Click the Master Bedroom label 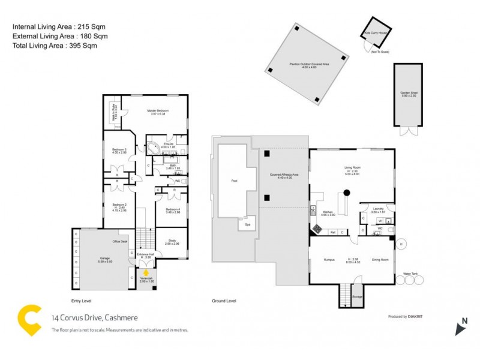point(158,111)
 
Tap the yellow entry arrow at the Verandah point(146,273)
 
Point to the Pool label point(234,181)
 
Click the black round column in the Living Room point(346,193)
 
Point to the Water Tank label point(410,273)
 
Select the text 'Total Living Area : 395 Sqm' point(54,45)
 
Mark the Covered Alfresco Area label point(280,175)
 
